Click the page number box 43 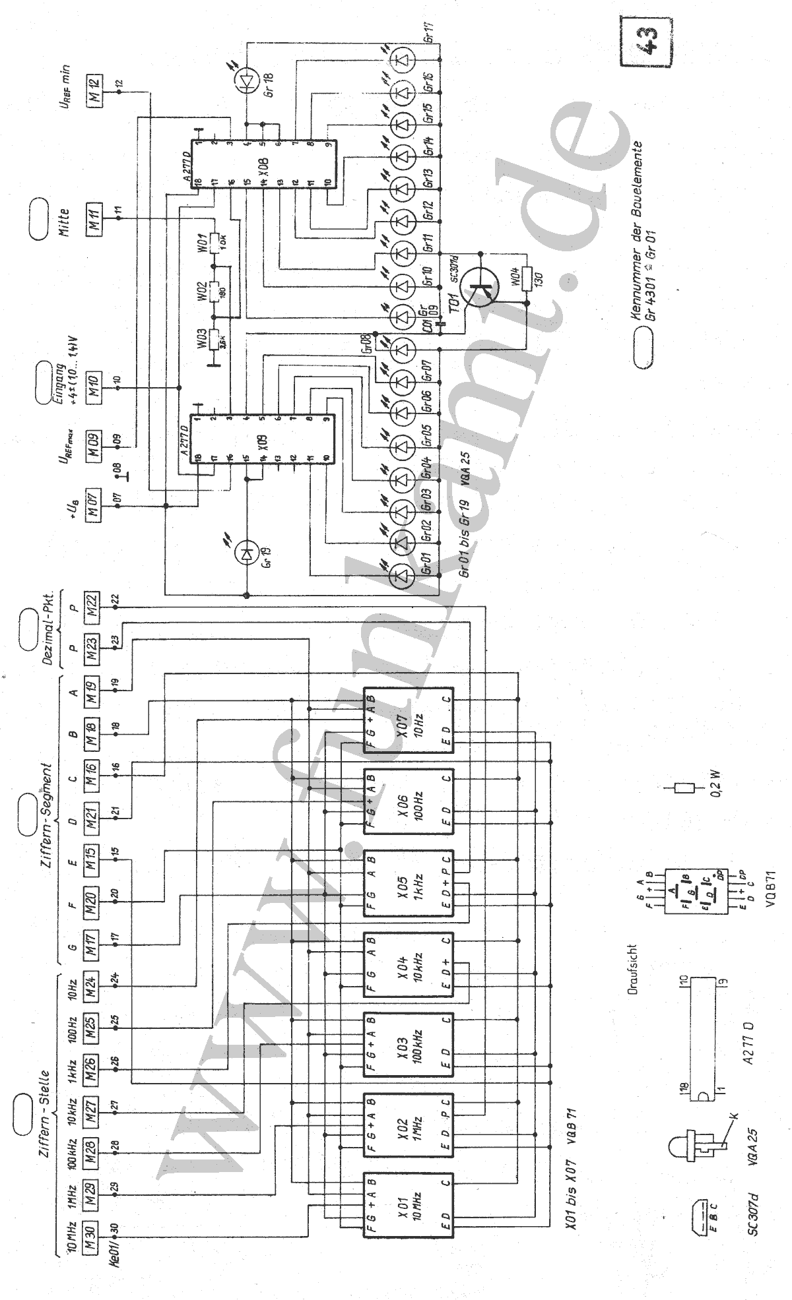646,44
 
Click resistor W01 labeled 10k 213,239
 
